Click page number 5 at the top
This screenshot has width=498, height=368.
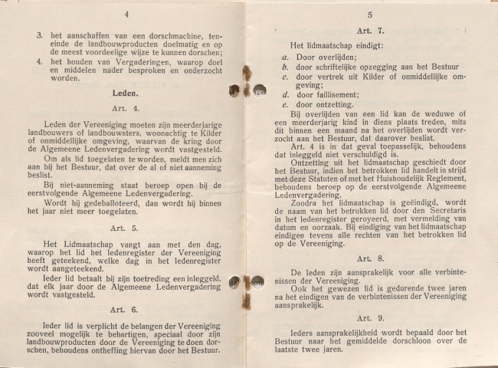click(x=369, y=15)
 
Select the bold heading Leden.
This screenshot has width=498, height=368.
click(x=124, y=92)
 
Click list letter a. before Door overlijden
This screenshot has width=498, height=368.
click(x=284, y=57)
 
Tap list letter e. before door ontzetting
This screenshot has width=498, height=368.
click(x=284, y=104)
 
